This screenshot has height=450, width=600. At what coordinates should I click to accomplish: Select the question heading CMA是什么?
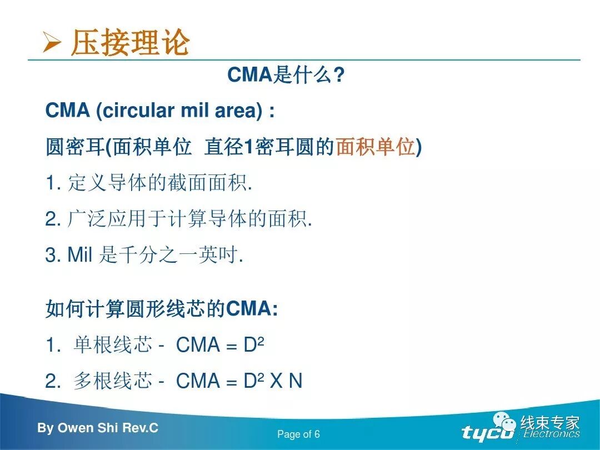(x=286, y=75)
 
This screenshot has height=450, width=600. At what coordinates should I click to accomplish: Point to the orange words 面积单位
(x=376, y=147)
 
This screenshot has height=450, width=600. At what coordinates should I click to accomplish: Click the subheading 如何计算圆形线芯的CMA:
(x=161, y=308)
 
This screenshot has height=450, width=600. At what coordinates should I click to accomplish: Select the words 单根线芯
(x=112, y=345)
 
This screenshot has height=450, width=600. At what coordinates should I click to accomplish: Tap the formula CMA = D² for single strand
(x=220, y=345)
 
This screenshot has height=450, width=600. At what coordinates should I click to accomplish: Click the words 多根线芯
(x=112, y=381)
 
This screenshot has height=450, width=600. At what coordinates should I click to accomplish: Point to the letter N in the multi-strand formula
(x=295, y=381)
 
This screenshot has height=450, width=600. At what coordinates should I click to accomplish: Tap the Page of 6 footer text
(x=298, y=434)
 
